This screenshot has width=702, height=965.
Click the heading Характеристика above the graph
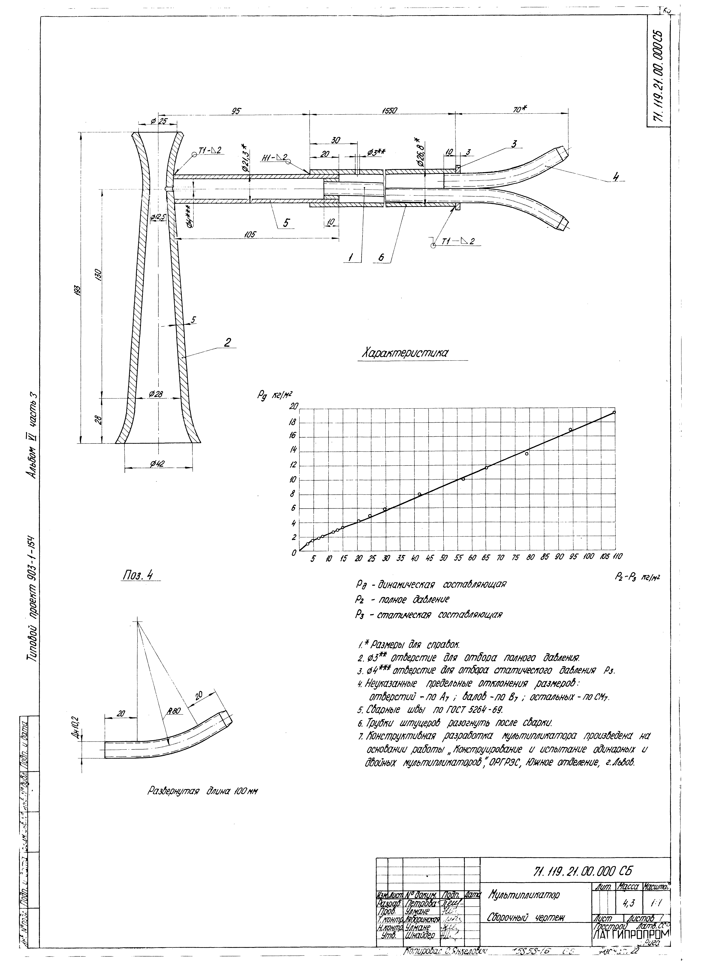pos(404,353)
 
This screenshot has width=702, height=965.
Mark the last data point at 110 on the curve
pos(614,412)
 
